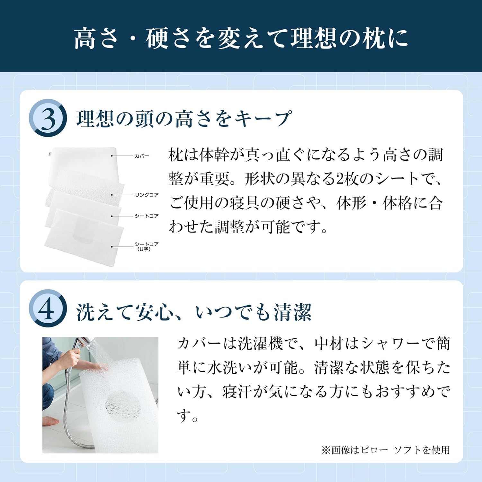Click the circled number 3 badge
48,118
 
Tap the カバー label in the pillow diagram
142,156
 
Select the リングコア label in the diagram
147,195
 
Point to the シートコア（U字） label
146,246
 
